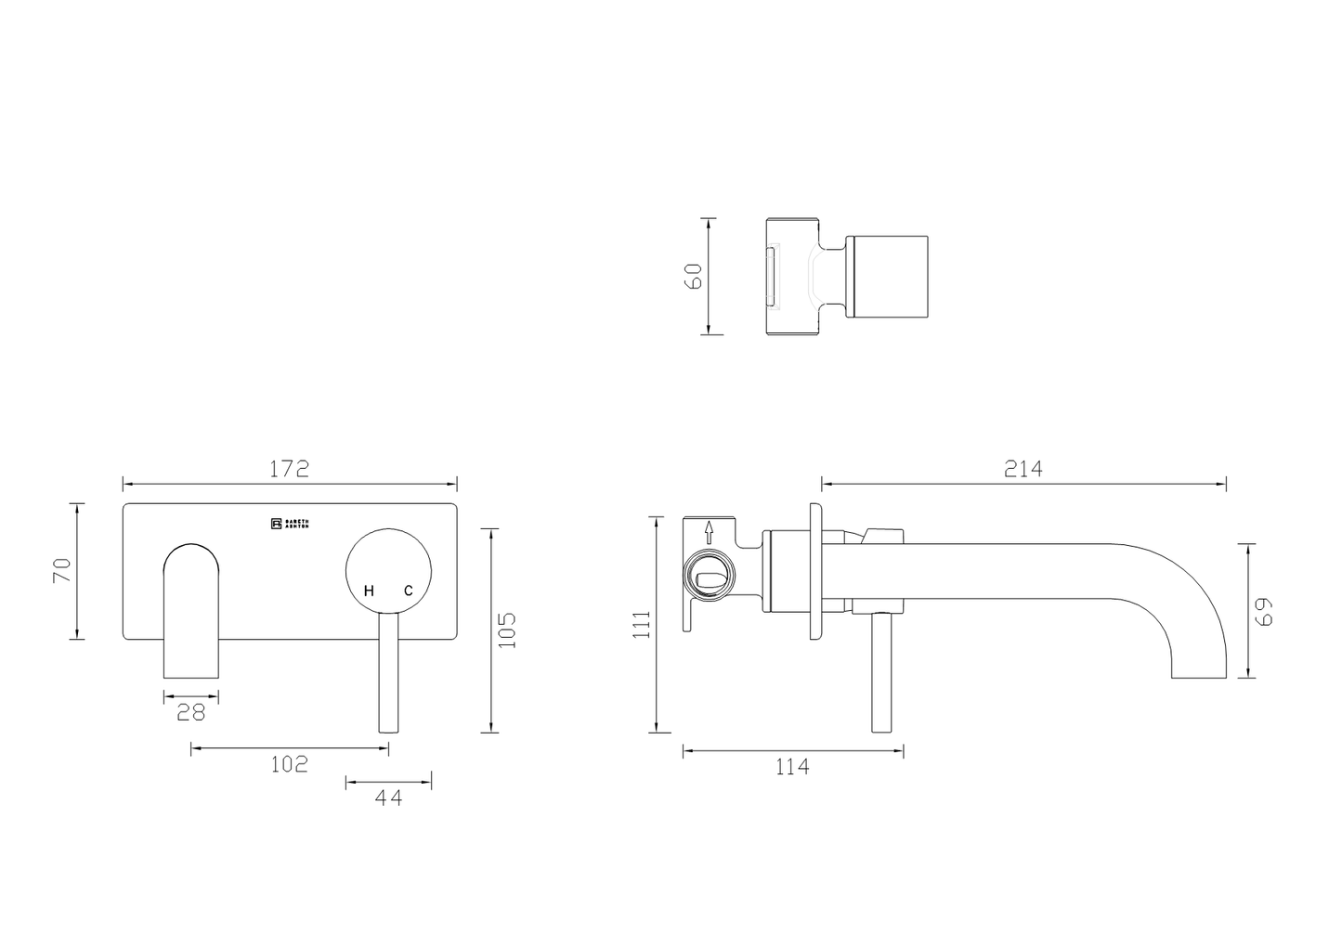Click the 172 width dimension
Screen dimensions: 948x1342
tap(289, 469)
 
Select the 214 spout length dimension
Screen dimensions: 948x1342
tap(1023, 469)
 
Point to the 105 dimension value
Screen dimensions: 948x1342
tap(507, 630)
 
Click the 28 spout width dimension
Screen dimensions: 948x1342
tap(191, 712)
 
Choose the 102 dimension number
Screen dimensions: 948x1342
tap(289, 764)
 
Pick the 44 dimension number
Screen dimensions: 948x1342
tap(388, 797)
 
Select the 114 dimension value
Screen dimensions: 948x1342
tap(790, 767)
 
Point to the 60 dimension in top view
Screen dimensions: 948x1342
tap(694, 276)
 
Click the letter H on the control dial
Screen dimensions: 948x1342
tap(369, 591)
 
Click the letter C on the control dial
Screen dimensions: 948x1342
tap(407, 591)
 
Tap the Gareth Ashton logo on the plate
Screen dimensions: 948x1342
tap(290, 524)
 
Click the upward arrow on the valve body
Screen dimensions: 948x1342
tap(709, 532)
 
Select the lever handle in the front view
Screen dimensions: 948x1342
tap(388, 673)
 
